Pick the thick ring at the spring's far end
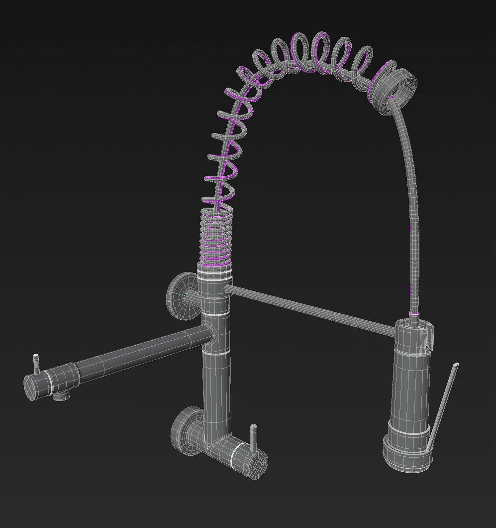coord(396,88)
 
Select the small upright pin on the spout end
coord(36,364)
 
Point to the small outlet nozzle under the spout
coord(61,396)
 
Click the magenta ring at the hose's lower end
coord(414,314)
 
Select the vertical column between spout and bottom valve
coord(217,389)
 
